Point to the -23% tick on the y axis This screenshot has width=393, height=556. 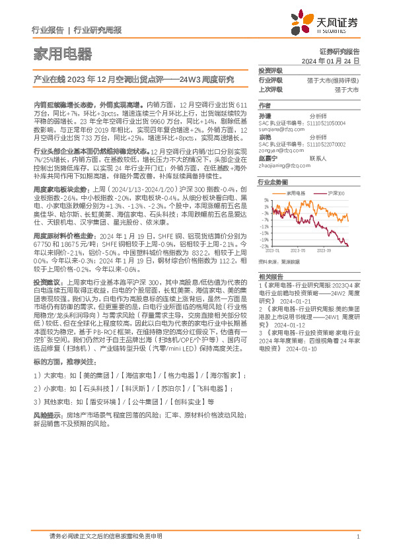(x=264, y=246)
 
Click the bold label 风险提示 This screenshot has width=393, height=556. (x=46, y=414)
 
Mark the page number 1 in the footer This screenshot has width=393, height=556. (x=357, y=538)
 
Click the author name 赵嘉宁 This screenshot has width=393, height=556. (x=268, y=158)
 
